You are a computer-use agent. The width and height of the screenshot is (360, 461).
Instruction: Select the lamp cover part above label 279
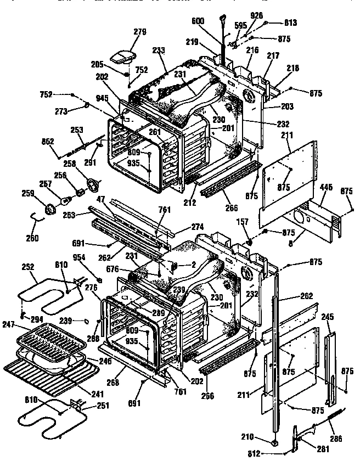point(123,55)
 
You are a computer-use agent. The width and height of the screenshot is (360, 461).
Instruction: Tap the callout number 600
point(198,21)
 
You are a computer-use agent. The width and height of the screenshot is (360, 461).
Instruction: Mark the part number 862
point(47,142)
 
